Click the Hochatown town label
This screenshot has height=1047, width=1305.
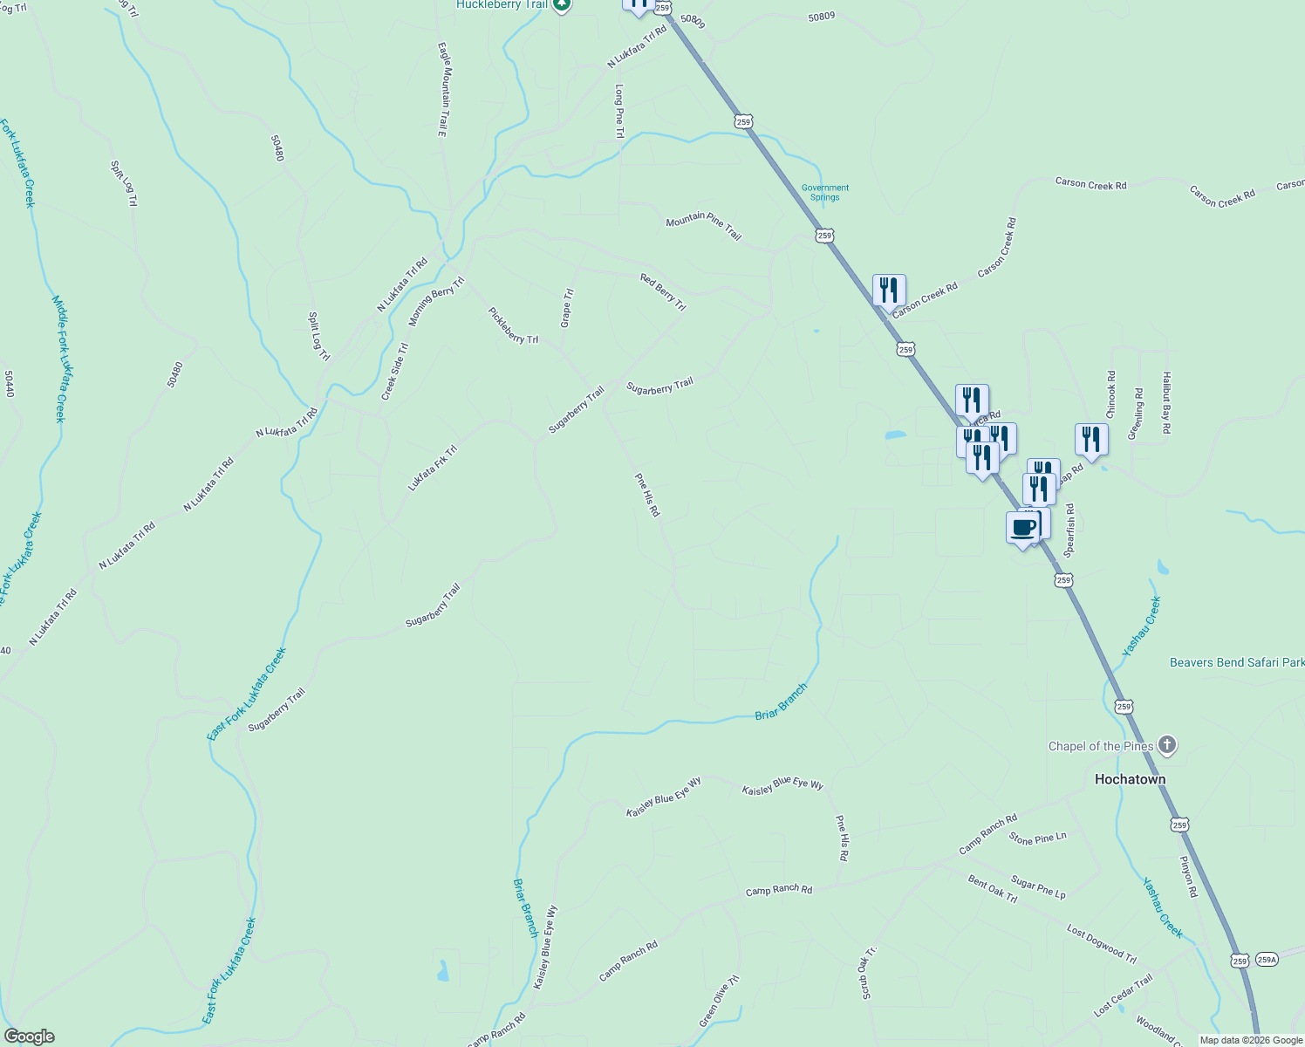click(1130, 779)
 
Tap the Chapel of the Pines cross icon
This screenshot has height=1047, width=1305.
click(1167, 745)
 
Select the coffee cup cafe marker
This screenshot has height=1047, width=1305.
click(1023, 528)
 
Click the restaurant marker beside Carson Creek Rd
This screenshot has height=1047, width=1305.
click(889, 290)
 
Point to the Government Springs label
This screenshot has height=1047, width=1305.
click(824, 192)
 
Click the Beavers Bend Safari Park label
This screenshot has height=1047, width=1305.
click(1236, 662)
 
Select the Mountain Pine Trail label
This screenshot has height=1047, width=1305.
click(703, 226)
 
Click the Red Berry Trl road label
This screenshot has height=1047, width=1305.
click(663, 291)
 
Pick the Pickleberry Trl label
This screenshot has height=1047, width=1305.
click(513, 325)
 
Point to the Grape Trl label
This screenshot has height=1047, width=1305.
click(567, 308)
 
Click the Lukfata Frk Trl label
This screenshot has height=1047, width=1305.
click(432, 469)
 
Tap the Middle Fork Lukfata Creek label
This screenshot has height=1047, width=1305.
click(59, 358)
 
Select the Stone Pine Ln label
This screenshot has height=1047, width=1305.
click(1037, 838)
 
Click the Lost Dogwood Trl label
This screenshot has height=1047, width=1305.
click(1101, 944)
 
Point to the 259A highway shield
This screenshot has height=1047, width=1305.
click(1267, 960)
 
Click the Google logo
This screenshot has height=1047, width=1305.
click(29, 1036)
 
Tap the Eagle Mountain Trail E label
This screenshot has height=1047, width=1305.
click(442, 90)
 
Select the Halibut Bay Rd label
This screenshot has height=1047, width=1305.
click(1165, 402)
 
